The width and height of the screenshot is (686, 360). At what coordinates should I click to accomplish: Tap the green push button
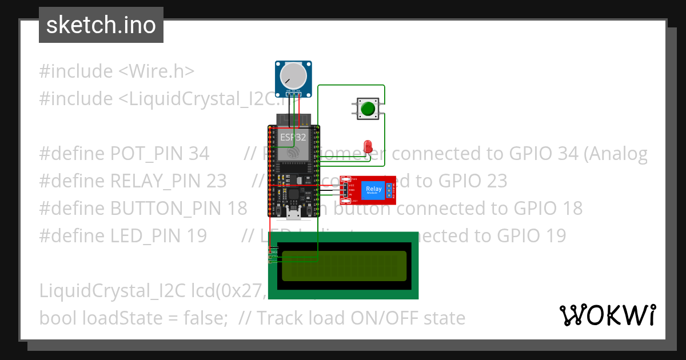[x=368, y=108]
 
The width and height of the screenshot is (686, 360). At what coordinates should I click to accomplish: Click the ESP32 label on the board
[x=293, y=137]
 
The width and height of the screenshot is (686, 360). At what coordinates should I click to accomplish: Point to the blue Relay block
[x=373, y=189]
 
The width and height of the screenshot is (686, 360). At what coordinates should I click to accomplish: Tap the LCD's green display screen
[x=344, y=266]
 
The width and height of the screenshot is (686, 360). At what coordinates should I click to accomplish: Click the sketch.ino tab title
[x=101, y=25]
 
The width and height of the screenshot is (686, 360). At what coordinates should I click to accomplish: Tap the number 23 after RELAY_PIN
[x=216, y=181]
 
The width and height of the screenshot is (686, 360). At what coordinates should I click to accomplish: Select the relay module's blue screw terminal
[x=390, y=190]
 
